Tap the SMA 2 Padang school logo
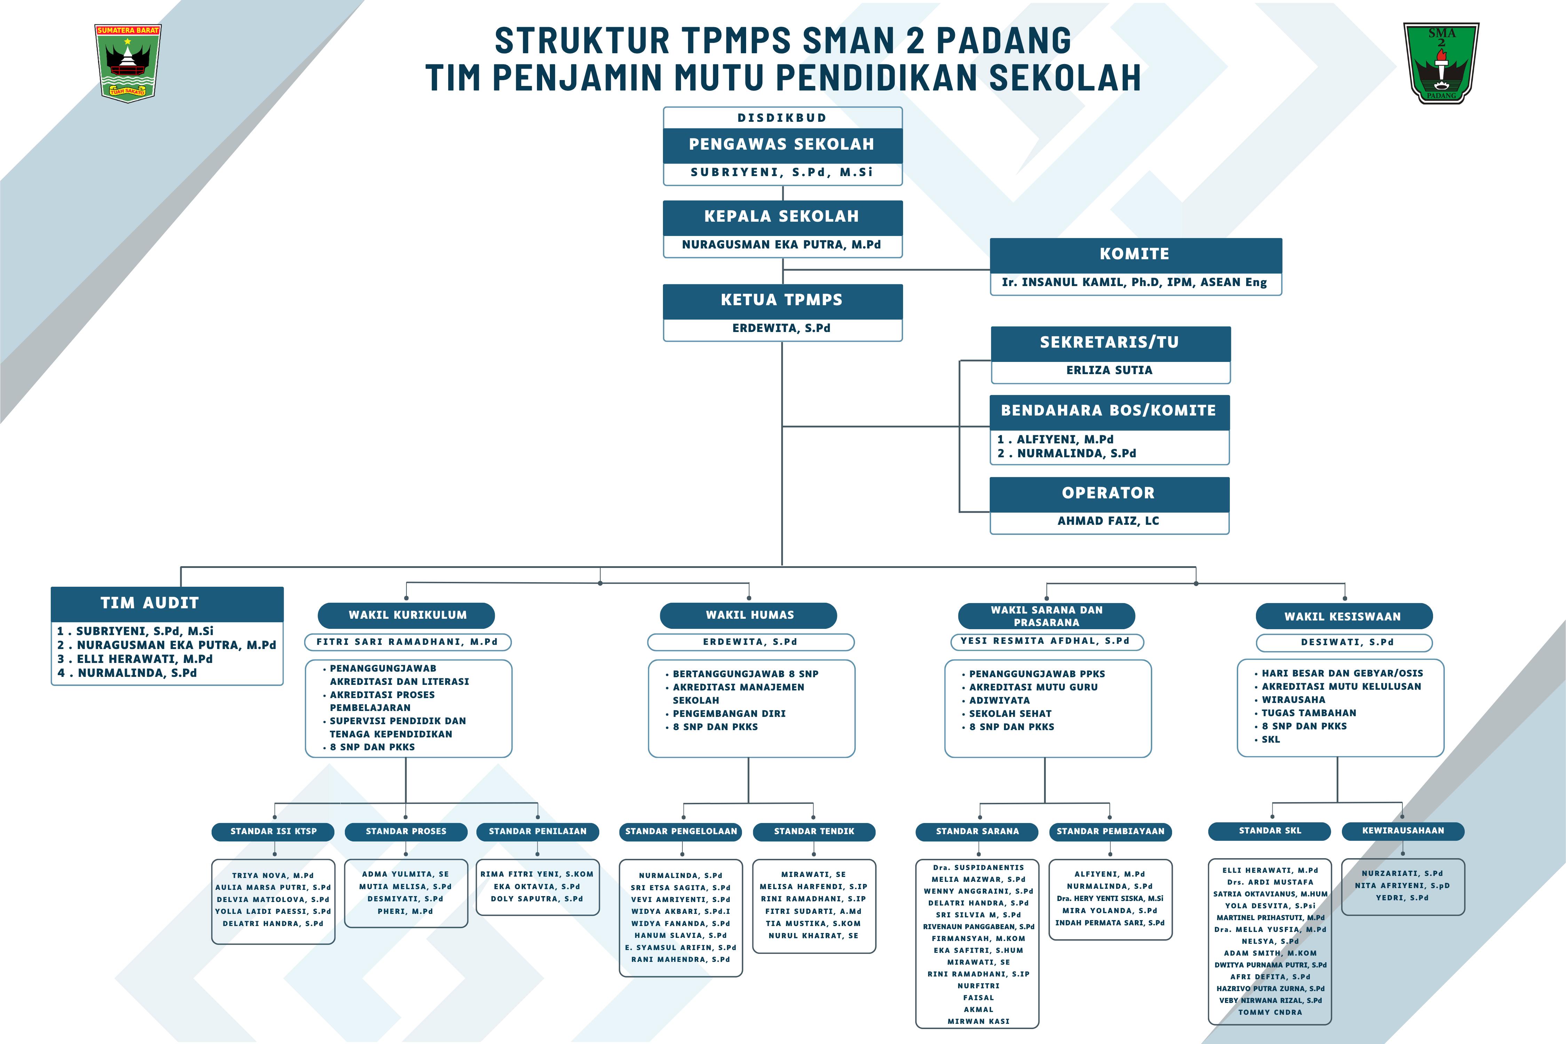(x=1441, y=63)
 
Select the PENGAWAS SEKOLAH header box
(x=782, y=144)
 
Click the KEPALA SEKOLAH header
(x=782, y=216)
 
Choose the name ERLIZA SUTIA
(x=1109, y=370)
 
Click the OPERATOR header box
(x=1109, y=493)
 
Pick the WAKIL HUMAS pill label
(x=749, y=615)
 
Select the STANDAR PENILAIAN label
(x=538, y=832)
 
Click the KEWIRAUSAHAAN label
(x=1403, y=831)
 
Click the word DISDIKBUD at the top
(x=782, y=118)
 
